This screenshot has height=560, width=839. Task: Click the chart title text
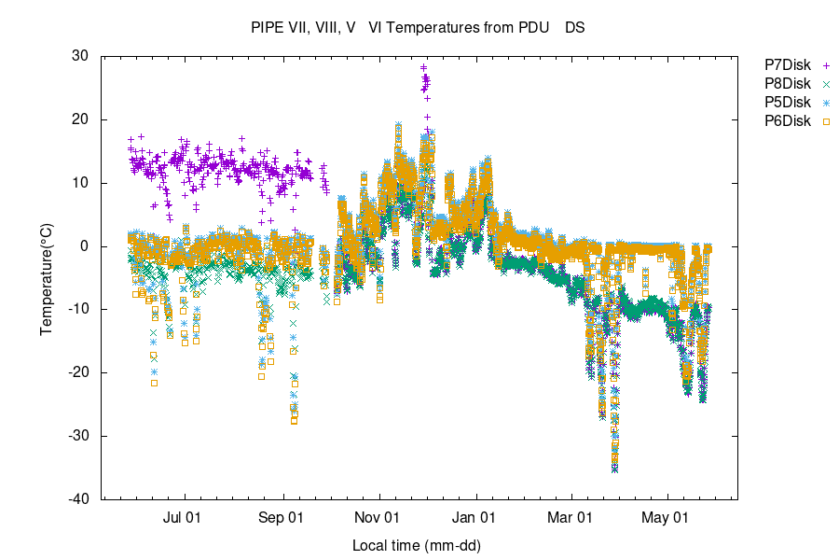418,28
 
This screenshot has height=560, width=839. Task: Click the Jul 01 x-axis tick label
184,516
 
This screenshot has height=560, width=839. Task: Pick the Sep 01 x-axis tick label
281,516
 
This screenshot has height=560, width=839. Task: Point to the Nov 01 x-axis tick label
378,516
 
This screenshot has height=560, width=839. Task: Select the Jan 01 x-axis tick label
475,516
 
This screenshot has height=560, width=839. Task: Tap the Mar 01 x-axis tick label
570,516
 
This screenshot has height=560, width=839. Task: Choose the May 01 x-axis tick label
667,516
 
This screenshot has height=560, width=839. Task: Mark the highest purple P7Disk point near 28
423,67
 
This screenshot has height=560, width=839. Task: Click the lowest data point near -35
614,469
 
